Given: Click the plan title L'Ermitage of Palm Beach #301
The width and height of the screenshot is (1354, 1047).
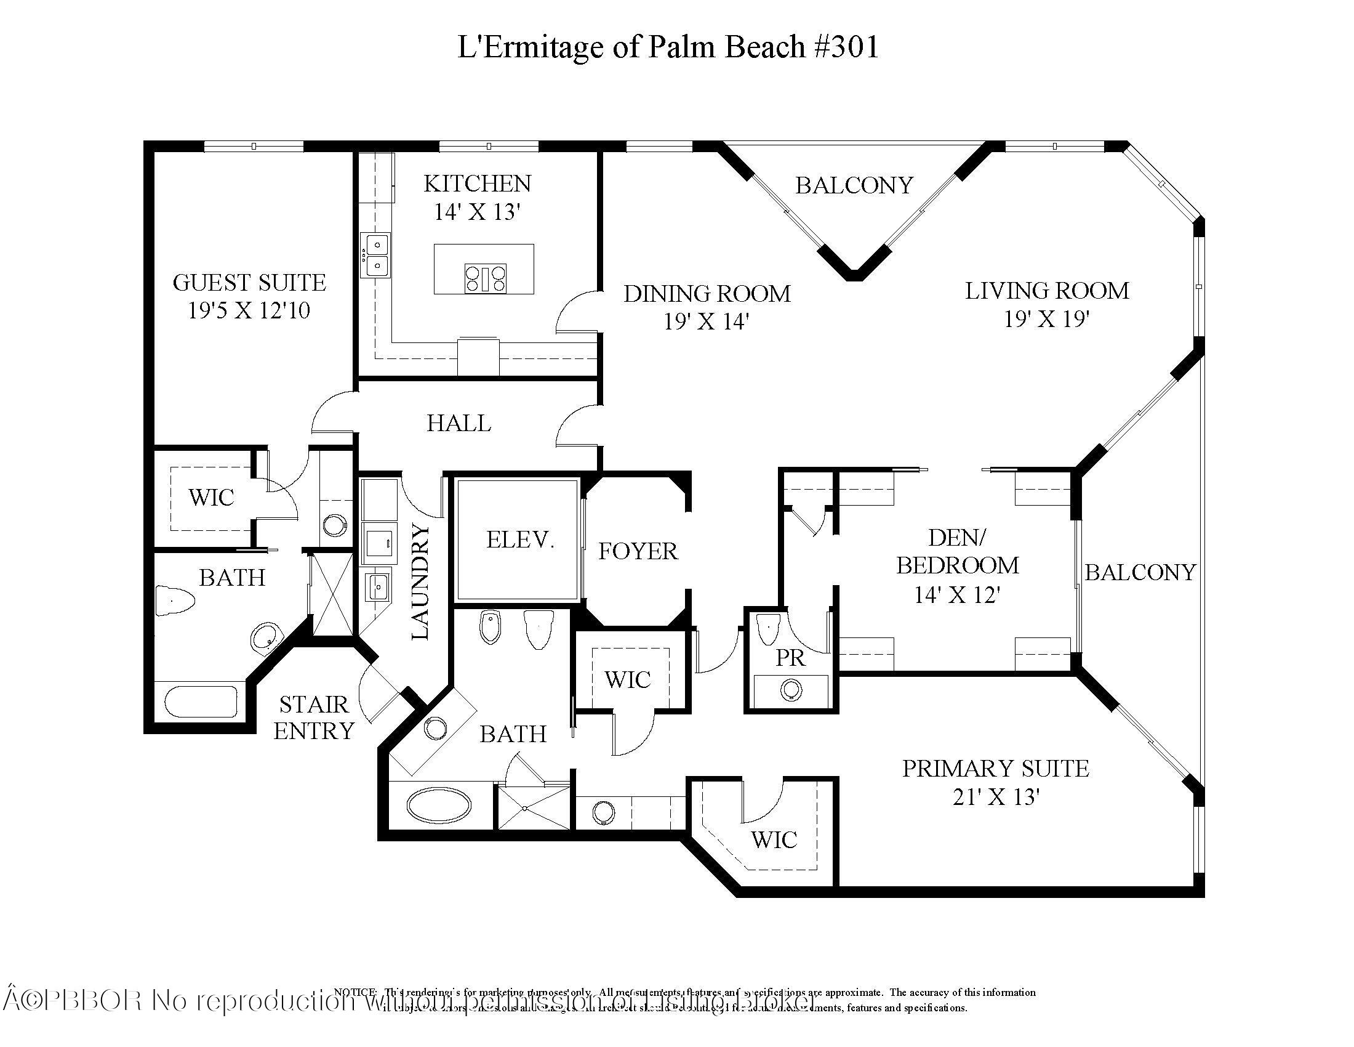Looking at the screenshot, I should [668, 47].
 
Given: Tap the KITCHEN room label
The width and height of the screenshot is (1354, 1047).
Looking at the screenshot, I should [477, 184].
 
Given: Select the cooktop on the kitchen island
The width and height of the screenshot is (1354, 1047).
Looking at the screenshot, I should [486, 277].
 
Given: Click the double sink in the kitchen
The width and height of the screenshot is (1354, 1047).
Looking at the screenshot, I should [376, 255].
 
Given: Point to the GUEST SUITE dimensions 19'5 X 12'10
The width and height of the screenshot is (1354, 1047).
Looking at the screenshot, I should [249, 310].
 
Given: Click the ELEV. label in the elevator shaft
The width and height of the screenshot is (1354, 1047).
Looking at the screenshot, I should [519, 540].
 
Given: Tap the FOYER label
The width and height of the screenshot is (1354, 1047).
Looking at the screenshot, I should [638, 551].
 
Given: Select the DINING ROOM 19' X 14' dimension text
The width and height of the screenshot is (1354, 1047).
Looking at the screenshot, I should [707, 321].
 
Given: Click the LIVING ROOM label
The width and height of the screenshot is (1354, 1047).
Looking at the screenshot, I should [1046, 290].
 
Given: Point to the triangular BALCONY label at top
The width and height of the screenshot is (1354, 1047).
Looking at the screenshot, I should [854, 185].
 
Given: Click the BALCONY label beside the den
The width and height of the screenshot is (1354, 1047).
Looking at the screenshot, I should [1139, 572].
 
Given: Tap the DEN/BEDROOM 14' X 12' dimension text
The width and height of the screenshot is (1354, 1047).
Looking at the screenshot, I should [957, 595].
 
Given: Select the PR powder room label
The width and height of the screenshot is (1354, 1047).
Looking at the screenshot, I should [790, 658].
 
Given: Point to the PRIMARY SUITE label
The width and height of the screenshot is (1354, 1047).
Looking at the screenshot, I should [995, 768].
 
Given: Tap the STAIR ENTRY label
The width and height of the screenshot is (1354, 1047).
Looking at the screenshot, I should [314, 718].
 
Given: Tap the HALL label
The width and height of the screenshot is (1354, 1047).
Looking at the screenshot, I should [458, 423].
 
